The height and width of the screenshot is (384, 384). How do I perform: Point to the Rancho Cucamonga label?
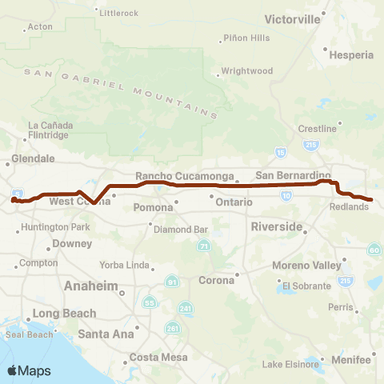tap(184, 177)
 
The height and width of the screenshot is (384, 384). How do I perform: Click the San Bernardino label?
tap(293, 175)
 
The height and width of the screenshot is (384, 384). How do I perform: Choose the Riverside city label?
tap(276, 226)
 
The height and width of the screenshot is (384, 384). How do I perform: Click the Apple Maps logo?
tap(28, 370)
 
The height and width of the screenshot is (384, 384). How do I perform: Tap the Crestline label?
tap(317, 129)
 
